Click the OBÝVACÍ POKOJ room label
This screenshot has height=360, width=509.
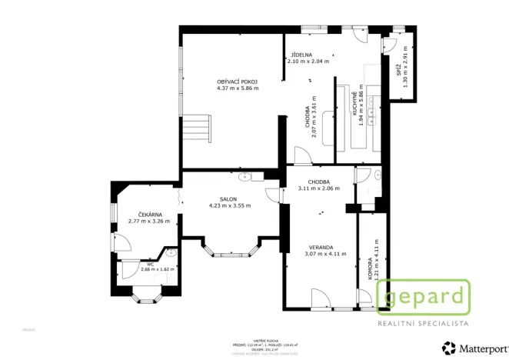click(x=237, y=82)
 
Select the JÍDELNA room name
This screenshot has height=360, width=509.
click(x=301, y=55)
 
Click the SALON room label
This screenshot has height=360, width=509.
click(x=228, y=198)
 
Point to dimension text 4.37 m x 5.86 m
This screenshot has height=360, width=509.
click(x=238, y=88)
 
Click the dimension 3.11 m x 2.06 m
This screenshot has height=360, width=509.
click(x=318, y=188)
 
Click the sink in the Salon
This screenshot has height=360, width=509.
click(x=245, y=178)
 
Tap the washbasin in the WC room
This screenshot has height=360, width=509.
click(x=168, y=253)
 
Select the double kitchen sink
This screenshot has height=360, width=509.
click(x=371, y=116)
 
